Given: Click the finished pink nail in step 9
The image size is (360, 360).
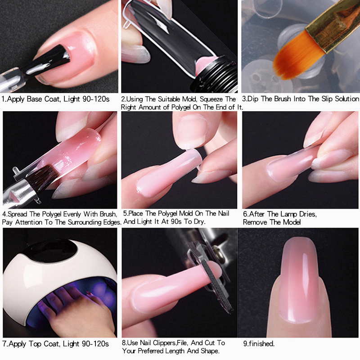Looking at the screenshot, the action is (298, 280).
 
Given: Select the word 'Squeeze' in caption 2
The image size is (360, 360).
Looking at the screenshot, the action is (211, 99).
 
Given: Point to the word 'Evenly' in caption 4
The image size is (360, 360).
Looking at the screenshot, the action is (72, 215).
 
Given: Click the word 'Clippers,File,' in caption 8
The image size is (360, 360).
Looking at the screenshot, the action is (170, 343).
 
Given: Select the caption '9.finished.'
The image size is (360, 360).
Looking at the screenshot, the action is (259, 344).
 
